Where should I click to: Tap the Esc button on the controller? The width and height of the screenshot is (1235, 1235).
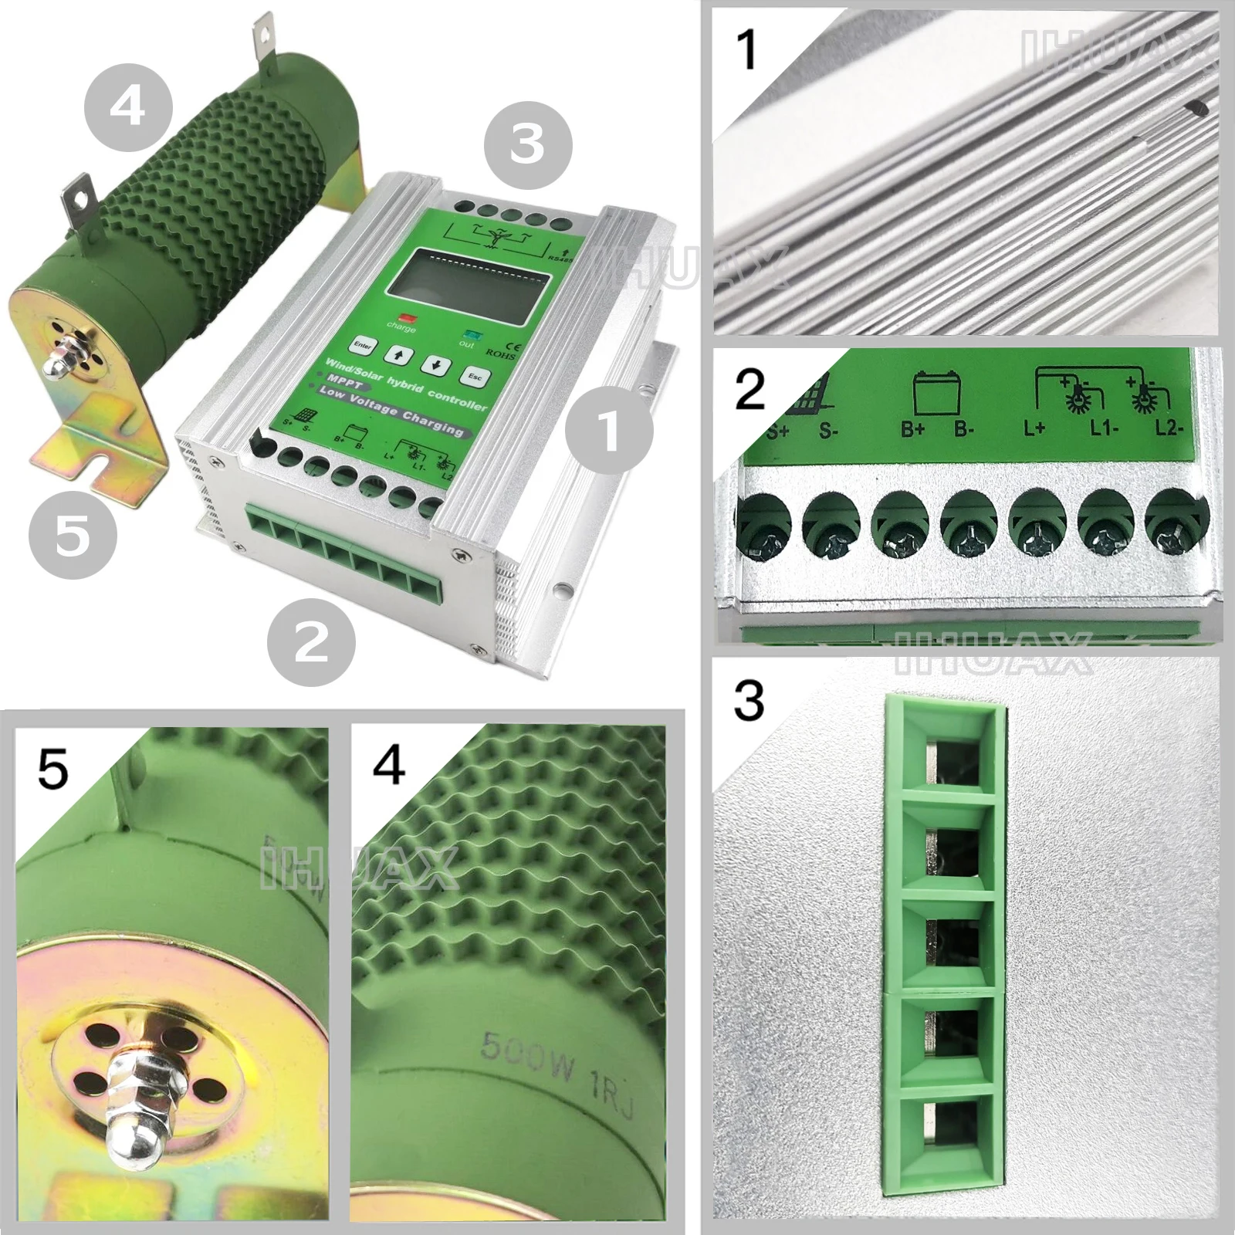point(474,376)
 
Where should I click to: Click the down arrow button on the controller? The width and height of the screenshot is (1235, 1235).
point(437,365)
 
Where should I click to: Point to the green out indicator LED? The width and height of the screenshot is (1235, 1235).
point(470,334)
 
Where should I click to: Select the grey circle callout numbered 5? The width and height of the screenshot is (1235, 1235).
point(73,535)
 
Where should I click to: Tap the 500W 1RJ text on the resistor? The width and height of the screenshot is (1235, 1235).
point(557,1057)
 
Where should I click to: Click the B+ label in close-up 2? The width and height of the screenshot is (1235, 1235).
point(913,429)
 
